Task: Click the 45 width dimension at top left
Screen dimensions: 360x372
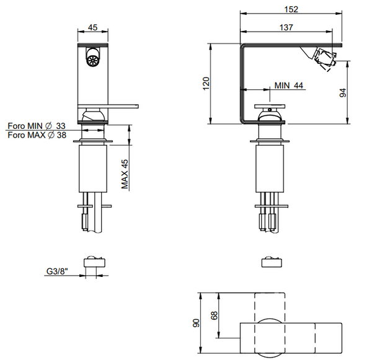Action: pos(92,27)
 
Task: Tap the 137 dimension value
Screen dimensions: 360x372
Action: pos(286,27)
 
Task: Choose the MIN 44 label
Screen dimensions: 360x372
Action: pos(289,86)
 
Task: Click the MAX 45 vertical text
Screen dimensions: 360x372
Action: pos(125,174)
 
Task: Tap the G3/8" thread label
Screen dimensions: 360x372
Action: pos(57,271)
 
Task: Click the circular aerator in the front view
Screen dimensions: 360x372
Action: pos(92,61)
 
